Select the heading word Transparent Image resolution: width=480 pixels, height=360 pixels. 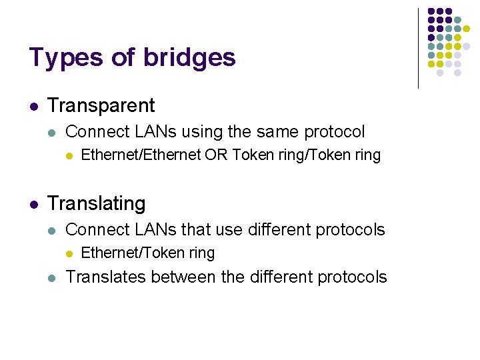tap(101, 105)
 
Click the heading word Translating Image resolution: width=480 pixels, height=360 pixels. tap(97, 203)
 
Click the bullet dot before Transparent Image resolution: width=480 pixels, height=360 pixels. tap(33, 106)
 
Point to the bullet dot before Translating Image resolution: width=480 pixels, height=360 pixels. tap(33, 203)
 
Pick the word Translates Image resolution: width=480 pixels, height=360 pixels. tap(107, 277)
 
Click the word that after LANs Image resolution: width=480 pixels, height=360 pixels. tap(196, 229)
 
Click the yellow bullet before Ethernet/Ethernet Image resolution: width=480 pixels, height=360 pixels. tap(69, 156)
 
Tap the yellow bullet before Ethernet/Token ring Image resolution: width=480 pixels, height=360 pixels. tap(69, 253)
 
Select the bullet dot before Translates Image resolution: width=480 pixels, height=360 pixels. tap(52, 277)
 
